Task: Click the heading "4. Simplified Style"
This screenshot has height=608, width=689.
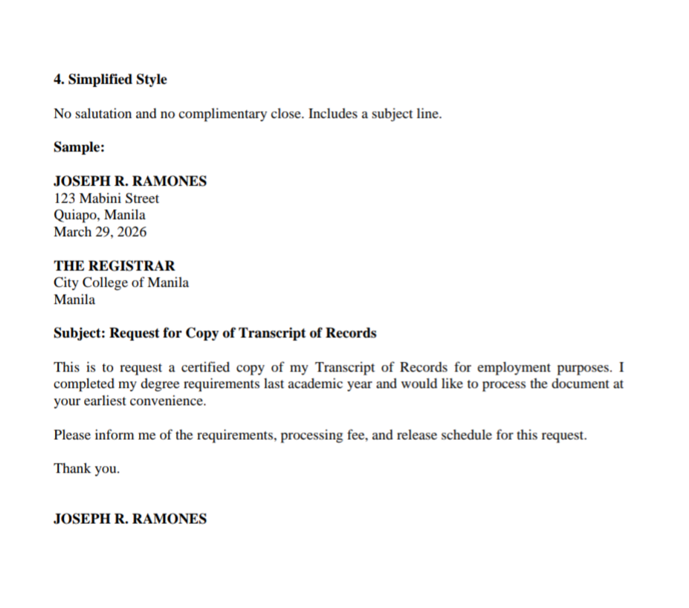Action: (110, 80)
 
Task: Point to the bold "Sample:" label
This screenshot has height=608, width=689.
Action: (79, 147)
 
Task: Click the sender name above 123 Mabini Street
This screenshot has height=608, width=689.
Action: (130, 181)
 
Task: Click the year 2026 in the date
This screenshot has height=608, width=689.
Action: (132, 232)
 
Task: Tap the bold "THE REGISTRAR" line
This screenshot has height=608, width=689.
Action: (114, 266)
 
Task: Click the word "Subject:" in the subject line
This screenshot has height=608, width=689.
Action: (80, 333)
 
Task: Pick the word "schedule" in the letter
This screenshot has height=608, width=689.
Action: (467, 436)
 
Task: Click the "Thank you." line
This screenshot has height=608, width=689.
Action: (86, 469)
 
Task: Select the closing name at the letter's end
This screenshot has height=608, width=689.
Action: (130, 519)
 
